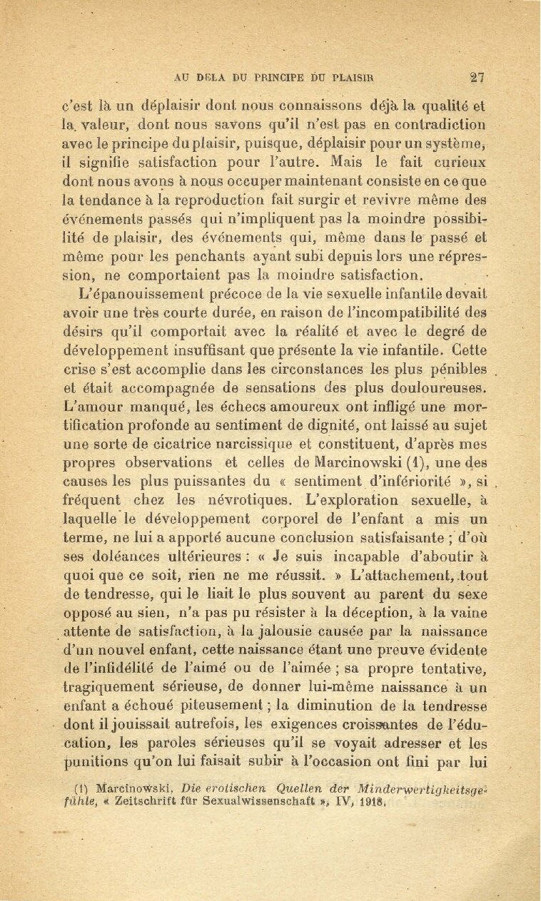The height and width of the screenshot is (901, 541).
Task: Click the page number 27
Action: [477, 78]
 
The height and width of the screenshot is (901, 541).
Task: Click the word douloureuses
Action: [435, 389]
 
